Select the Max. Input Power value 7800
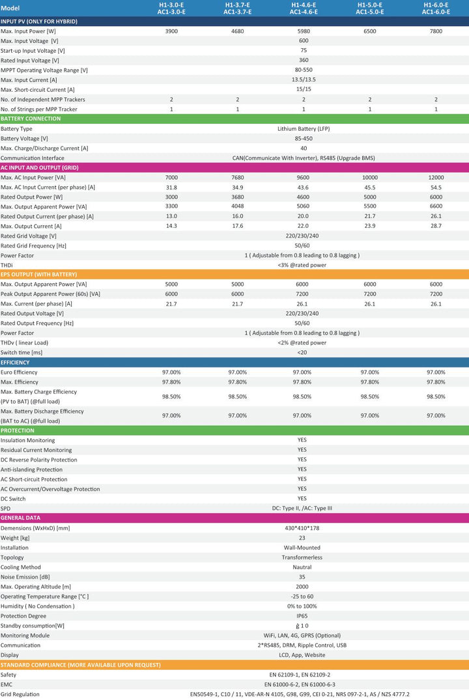(x=436, y=31)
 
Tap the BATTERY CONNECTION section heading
(x=31, y=119)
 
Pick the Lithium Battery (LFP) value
(x=304, y=128)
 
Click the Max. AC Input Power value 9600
(x=304, y=177)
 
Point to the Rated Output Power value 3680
(x=238, y=197)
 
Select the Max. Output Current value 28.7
(x=436, y=226)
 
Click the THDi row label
(x=7, y=265)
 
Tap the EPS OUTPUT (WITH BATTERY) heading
(x=39, y=275)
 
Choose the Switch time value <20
(x=302, y=352)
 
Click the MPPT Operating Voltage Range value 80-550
(x=304, y=70)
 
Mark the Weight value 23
(x=302, y=538)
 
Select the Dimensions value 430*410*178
(x=302, y=528)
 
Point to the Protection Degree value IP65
(x=302, y=616)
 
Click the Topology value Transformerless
(x=302, y=557)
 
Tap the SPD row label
(x=5, y=509)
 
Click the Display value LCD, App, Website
(x=302, y=655)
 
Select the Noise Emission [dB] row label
(x=25, y=577)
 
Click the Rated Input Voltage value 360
(x=304, y=61)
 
